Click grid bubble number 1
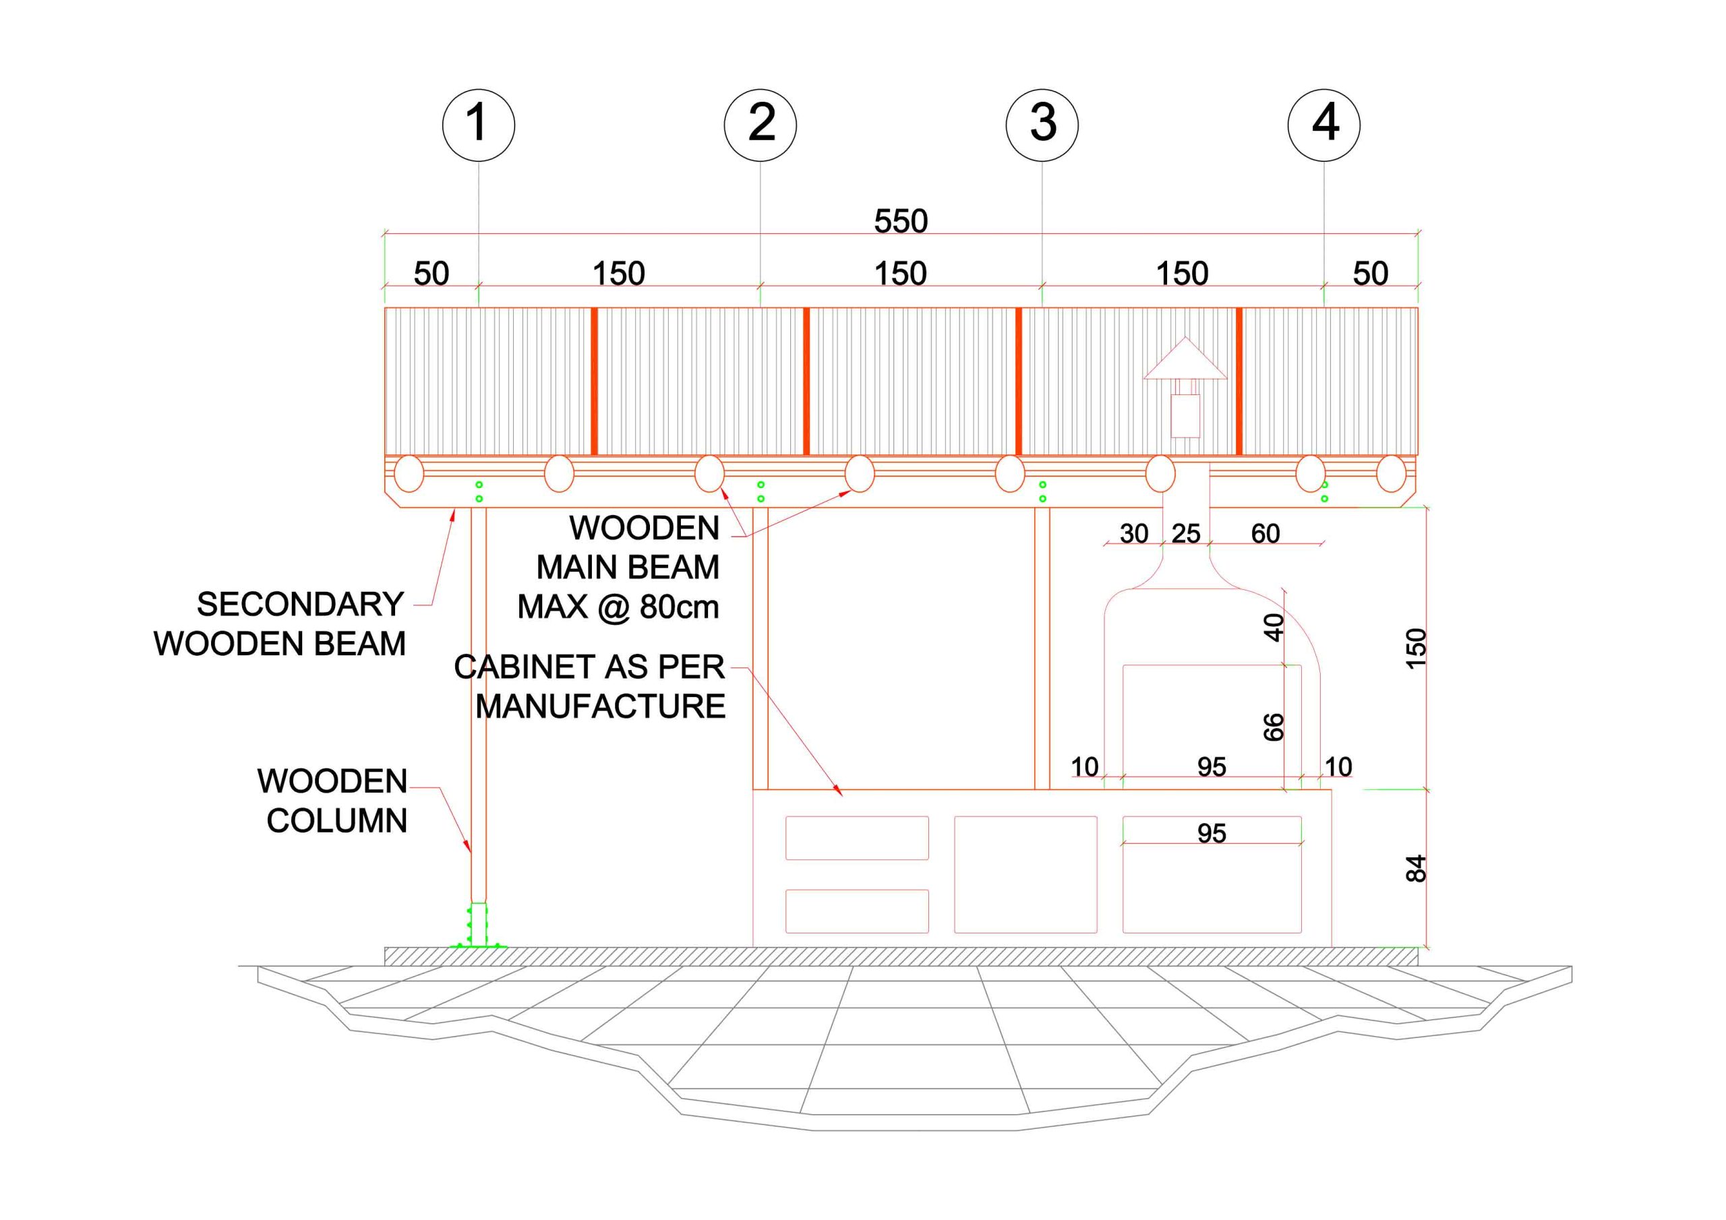pos(478,125)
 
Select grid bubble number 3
pos(1042,125)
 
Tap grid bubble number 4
pos(1323,125)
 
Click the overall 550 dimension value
pos(901,221)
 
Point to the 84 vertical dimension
pos(1416,868)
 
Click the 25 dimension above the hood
pos(1185,534)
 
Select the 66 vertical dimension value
pos(1274,727)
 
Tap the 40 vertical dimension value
pos(1274,627)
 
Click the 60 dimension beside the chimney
pos(1266,534)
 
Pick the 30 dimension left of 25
pos(1133,534)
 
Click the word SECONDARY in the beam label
pos(301,605)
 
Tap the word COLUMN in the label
pos(337,821)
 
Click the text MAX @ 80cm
pos(618,607)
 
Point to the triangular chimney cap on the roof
pos(1185,359)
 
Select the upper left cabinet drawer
pos(857,837)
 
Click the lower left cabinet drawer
pos(857,911)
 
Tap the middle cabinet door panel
pos(1025,874)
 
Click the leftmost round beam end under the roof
pos(409,475)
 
